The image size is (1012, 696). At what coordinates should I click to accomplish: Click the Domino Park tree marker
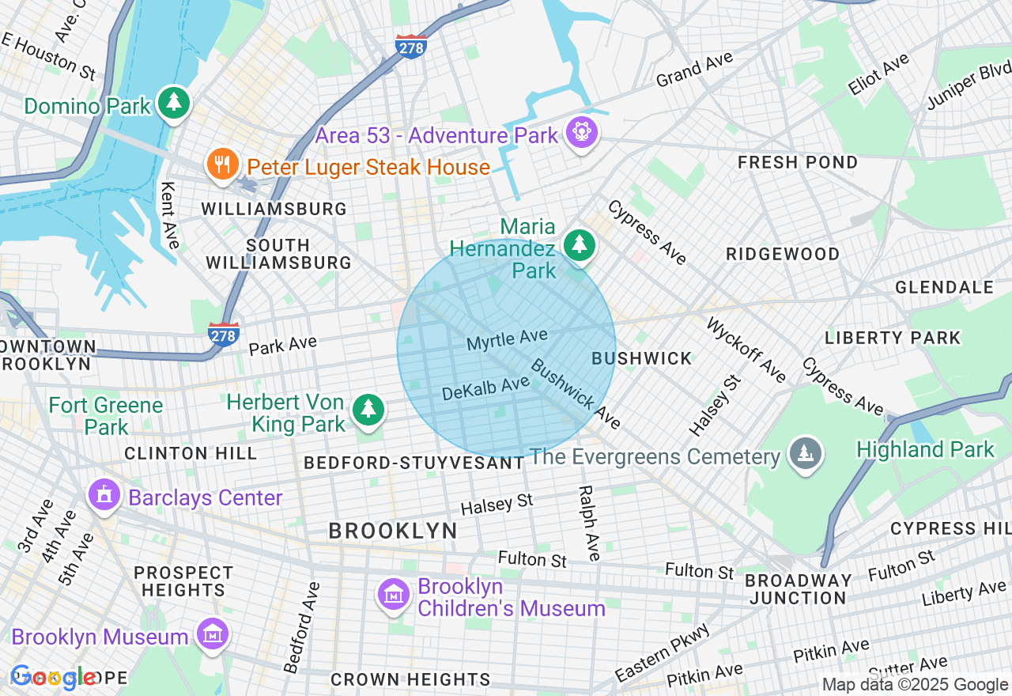(174, 103)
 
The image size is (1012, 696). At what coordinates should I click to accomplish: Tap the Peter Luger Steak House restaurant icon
(222, 165)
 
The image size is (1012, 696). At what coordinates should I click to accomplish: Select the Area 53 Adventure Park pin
(582, 132)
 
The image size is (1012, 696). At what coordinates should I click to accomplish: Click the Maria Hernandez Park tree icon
(580, 244)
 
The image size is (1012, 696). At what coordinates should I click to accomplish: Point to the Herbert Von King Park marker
(368, 410)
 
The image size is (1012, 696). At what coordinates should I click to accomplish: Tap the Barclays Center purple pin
(104, 495)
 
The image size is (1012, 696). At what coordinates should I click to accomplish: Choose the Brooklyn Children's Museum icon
(393, 595)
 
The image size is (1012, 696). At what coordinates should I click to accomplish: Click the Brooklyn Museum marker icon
(213, 634)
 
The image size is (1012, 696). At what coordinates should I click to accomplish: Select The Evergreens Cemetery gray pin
(806, 455)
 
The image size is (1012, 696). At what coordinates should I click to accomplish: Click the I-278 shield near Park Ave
(224, 335)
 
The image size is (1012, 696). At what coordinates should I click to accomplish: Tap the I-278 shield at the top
(411, 47)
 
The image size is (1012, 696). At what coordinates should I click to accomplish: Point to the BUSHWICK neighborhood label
(642, 359)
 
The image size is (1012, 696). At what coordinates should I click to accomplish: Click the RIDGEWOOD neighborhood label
(783, 254)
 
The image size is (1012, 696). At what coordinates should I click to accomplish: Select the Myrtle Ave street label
(507, 340)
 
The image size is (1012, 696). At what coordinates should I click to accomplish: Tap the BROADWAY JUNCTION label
(799, 589)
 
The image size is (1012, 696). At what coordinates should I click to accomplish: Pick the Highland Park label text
(925, 450)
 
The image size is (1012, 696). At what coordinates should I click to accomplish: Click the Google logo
(54, 677)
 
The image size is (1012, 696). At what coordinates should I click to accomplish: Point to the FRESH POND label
(797, 163)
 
